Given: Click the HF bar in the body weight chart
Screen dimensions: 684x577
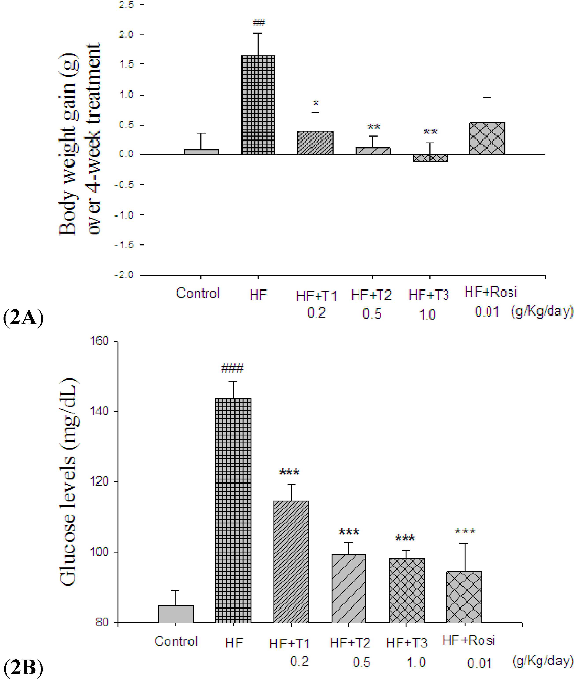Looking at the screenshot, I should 258,105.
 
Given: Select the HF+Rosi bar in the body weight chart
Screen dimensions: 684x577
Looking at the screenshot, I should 487,138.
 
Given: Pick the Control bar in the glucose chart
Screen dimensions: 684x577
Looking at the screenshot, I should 176,614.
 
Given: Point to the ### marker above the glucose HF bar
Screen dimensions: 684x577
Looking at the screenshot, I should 232,368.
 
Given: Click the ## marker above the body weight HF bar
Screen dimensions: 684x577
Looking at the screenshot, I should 259,22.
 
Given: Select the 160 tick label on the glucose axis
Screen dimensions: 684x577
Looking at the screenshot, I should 99,341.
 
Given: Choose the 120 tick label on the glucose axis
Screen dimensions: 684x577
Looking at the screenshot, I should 99,481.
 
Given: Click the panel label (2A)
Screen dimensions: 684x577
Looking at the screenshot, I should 23,317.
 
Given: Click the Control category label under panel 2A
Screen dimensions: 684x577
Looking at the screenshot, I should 198,293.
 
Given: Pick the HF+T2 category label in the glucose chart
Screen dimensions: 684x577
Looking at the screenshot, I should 350,643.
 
